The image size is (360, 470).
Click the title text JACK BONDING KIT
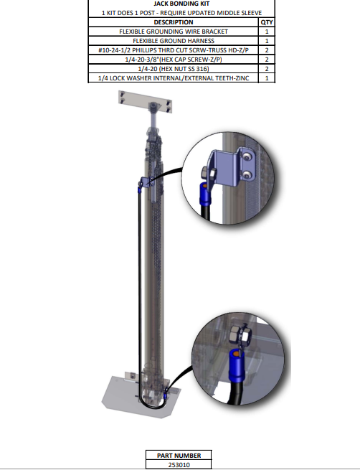click(x=181, y=4)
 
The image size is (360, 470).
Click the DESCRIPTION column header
click(x=174, y=22)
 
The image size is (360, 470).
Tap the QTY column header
click(x=267, y=22)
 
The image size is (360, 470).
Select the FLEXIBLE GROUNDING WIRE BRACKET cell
click(x=174, y=32)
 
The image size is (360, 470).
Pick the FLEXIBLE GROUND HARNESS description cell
click(x=174, y=41)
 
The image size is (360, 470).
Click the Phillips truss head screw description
click(x=174, y=50)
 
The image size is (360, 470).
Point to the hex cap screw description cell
click(x=174, y=60)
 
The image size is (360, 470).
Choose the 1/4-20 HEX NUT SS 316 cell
click(x=174, y=69)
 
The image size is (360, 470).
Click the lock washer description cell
click(x=174, y=78)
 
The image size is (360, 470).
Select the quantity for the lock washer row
click(x=267, y=78)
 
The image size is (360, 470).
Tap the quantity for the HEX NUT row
click(x=267, y=69)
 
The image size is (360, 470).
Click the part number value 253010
click(x=179, y=465)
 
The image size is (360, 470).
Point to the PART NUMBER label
click(x=179, y=456)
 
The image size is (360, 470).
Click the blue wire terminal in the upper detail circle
click(x=205, y=194)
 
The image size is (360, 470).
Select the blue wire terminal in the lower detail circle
click(x=237, y=365)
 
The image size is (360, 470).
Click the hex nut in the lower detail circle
click(x=240, y=335)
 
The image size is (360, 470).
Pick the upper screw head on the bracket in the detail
click(x=247, y=156)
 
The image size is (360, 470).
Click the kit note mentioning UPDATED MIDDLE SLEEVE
click(x=181, y=13)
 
